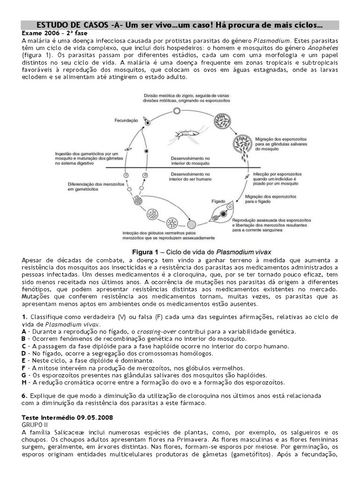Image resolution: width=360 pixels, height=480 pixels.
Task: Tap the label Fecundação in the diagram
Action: (x=126, y=120)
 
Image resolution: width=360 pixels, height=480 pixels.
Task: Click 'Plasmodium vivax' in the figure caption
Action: (x=243, y=250)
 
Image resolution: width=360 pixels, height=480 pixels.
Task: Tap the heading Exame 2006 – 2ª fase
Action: (x=54, y=33)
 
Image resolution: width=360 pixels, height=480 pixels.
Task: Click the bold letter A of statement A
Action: (x=24, y=331)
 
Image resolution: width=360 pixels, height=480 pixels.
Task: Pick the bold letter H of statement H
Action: (x=24, y=382)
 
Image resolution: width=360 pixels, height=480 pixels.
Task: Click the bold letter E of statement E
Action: (x=24, y=360)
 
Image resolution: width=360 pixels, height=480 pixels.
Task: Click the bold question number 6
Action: (x=24, y=396)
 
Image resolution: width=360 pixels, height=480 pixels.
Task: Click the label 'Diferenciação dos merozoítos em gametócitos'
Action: (x=92, y=187)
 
